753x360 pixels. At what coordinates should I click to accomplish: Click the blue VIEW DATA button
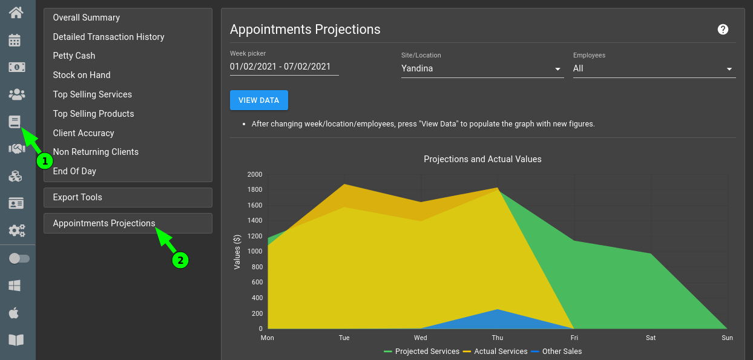258,100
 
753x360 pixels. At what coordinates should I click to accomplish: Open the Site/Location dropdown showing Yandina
482,69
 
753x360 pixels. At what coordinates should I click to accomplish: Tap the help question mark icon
723,30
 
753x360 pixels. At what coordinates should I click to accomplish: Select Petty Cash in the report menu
74,56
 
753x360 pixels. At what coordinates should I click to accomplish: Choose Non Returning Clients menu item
96,152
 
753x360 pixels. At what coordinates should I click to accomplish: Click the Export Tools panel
128,197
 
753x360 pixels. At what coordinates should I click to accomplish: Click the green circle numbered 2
180,260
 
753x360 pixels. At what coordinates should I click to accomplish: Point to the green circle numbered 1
44,161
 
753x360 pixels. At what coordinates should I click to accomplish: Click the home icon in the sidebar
16,12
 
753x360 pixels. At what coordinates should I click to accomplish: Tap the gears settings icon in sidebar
16,231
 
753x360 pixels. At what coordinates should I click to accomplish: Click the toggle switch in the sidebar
19,258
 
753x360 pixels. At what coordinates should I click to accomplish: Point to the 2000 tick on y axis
255,174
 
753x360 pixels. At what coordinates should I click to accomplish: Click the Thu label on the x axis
497,338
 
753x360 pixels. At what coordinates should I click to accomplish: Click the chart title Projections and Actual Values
482,159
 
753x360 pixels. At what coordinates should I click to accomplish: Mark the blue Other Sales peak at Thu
497,310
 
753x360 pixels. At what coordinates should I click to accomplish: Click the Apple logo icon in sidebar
15,313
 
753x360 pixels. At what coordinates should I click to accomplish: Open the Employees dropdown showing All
654,69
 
